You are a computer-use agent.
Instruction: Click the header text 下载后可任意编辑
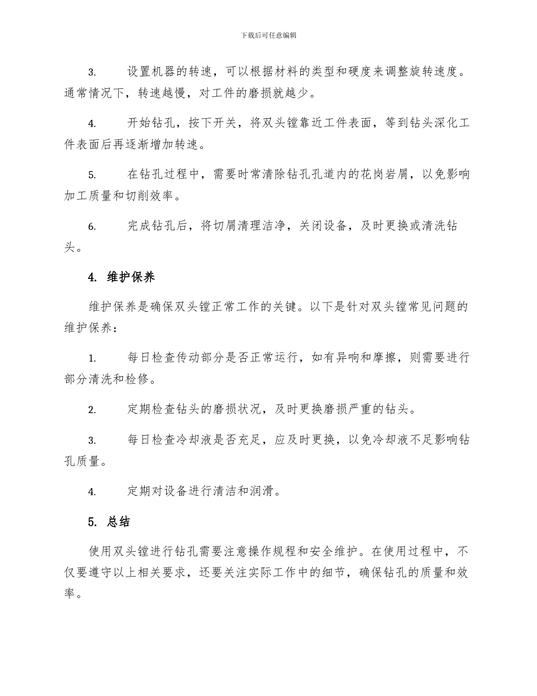268,35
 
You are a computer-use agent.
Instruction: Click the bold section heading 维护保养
131,277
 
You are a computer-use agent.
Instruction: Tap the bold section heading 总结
118,522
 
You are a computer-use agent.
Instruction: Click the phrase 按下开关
216,123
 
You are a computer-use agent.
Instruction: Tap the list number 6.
92,227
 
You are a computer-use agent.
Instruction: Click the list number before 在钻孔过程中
92,175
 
